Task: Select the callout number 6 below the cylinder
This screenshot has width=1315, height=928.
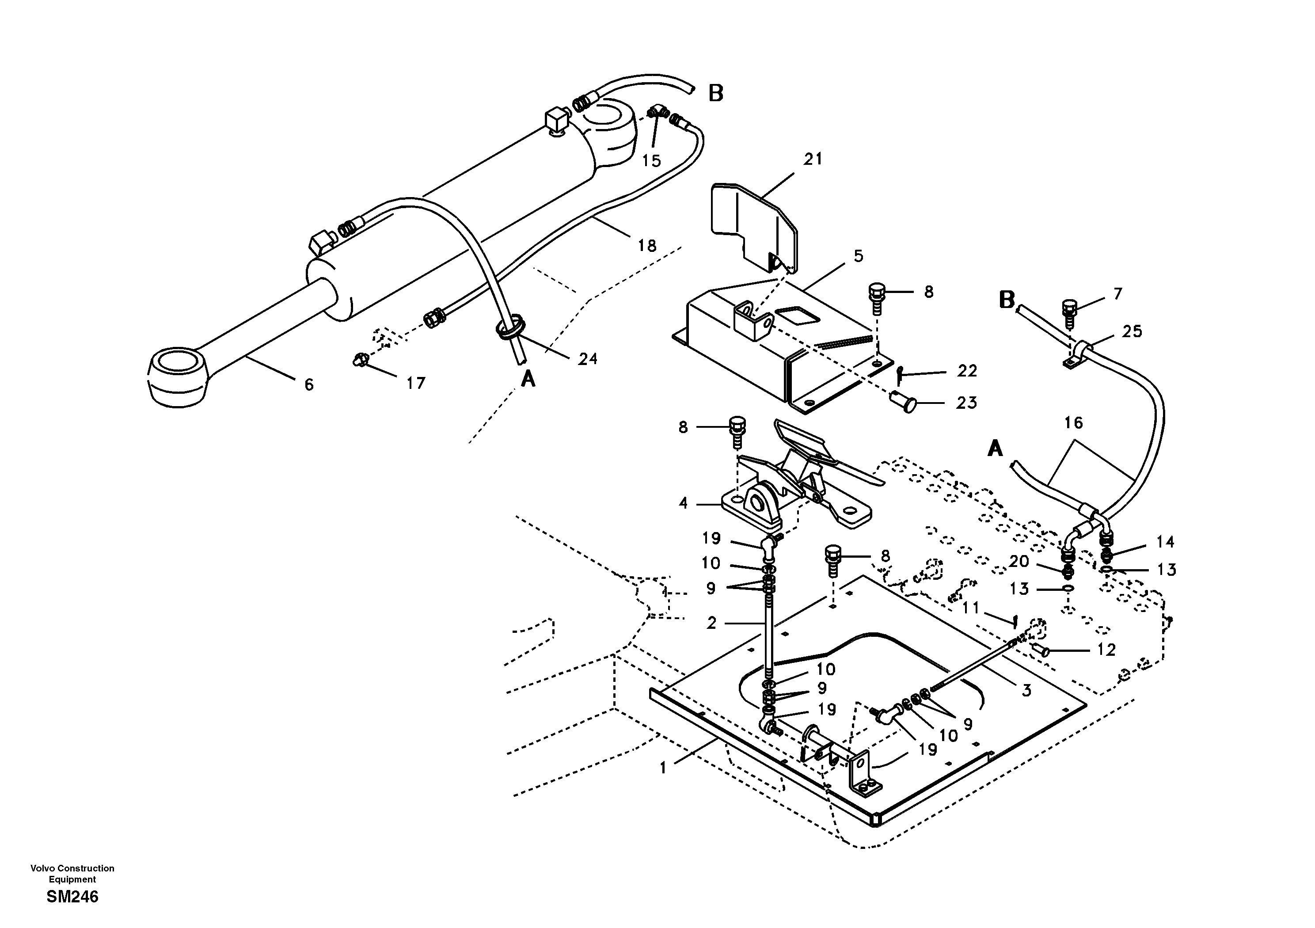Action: point(309,385)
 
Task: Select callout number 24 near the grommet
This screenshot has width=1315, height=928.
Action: point(587,359)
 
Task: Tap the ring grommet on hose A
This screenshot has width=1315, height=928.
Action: point(510,328)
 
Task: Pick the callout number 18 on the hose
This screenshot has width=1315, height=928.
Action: point(647,246)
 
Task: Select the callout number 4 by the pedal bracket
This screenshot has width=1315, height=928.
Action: point(683,503)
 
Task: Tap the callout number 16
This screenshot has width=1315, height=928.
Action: point(1073,423)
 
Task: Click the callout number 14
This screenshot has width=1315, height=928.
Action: point(1165,541)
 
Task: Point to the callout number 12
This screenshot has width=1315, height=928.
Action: point(1106,650)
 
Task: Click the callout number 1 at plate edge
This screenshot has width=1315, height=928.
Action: point(663,768)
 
